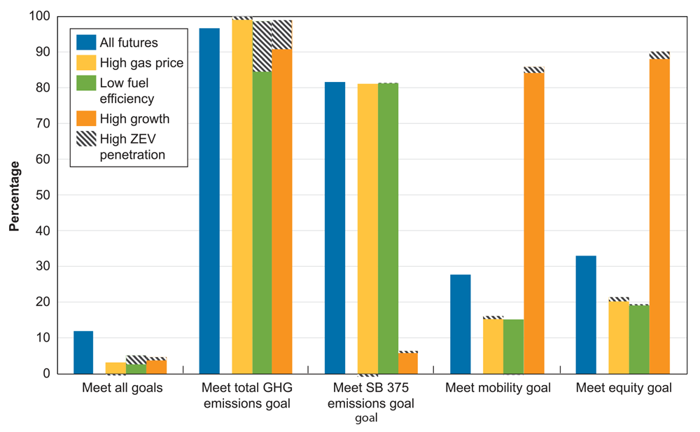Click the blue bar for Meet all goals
(83, 352)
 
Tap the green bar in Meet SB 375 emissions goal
(388, 228)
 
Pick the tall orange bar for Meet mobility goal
(533, 223)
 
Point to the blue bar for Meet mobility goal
(461, 324)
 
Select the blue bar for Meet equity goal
(586, 314)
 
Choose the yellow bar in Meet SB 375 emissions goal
(367, 228)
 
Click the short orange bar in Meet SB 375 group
(408, 363)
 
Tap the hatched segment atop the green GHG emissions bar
(262, 46)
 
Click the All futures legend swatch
(86, 43)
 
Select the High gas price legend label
(141, 63)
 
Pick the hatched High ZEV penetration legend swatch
(86, 139)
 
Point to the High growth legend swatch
(86, 118)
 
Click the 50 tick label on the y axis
(43, 195)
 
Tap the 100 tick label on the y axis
(41, 16)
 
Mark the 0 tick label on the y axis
(47, 374)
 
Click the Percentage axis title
(15, 195)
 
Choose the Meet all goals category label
(122, 388)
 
